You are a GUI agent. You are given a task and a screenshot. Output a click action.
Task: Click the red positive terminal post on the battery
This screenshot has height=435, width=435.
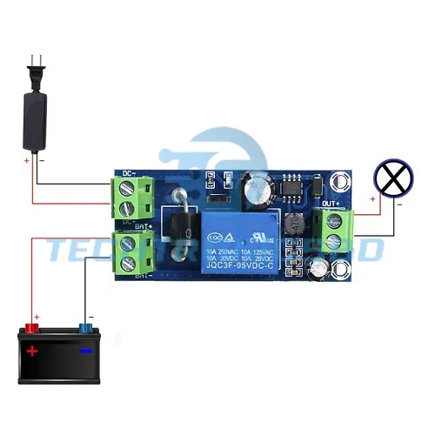pos(33,328)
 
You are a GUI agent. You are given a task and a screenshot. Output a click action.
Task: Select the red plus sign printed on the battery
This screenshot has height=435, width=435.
pos(32,351)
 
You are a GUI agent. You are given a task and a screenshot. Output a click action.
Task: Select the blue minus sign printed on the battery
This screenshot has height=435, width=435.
pos(85,351)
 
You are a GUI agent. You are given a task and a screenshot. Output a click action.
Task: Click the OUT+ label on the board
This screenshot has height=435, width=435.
pos(331,204)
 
